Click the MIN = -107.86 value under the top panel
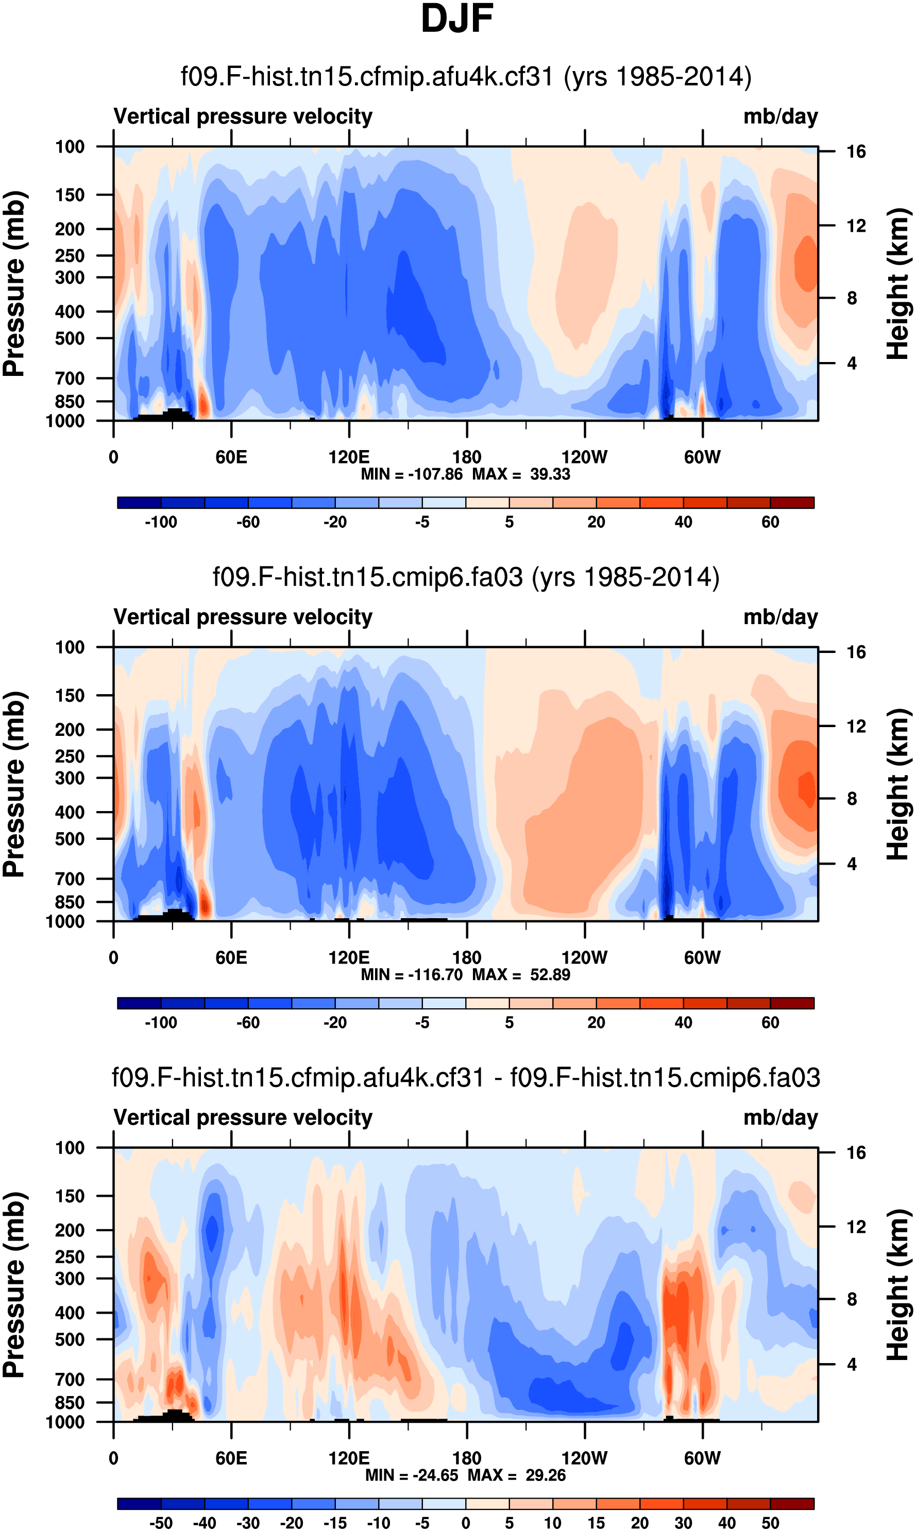pyautogui.click(x=412, y=474)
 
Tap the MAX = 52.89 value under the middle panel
pyautogui.click(x=521, y=975)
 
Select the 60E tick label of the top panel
pyautogui.click(x=231, y=457)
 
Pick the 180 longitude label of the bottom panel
pyautogui.click(x=467, y=1458)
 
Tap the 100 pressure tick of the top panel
pyautogui.click(x=70, y=147)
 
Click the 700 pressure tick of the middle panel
pyautogui.click(x=70, y=879)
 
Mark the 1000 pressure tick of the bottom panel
pyautogui.click(x=65, y=1422)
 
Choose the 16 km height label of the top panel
pyautogui.click(x=856, y=152)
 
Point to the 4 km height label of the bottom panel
pyautogui.click(x=852, y=1364)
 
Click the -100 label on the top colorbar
pyautogui.click(x=161, y=523)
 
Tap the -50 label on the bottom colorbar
pyautogui.click(x=161, y=1523)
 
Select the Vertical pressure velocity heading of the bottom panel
pyautogui.click(x=243, y=1117)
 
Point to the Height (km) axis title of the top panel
pyautogui.click(x=898, y=284)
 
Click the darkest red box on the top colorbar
pyautogui.click(x=792, y=502)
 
